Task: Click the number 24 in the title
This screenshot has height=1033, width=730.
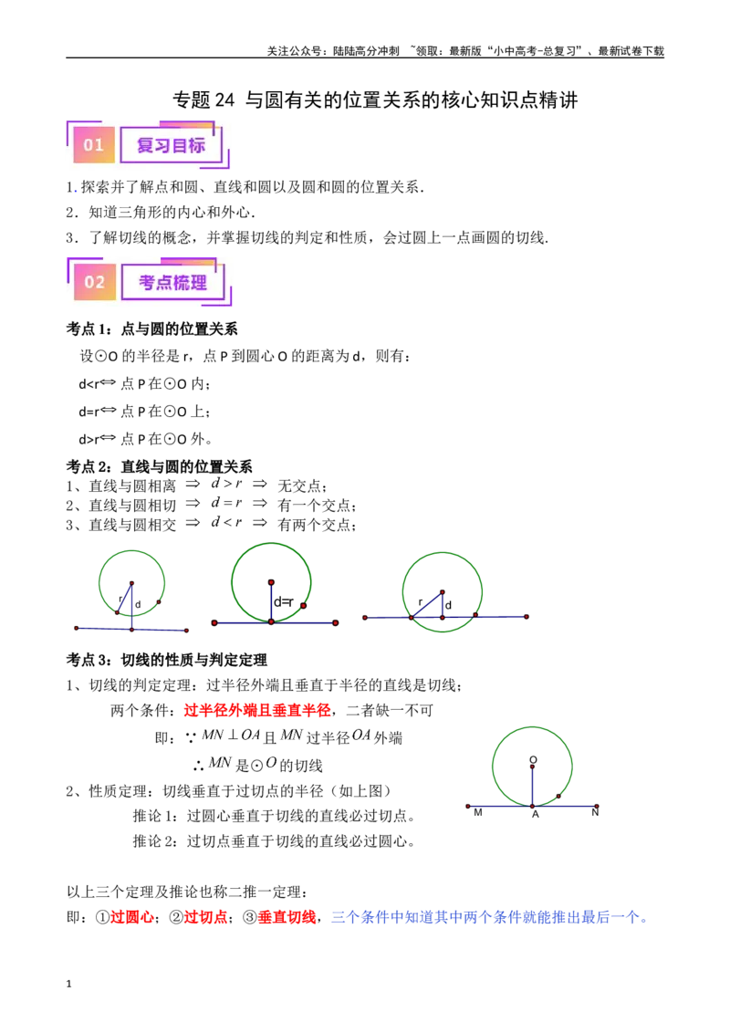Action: coord(224,100)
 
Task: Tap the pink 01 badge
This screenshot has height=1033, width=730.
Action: coord(94,144)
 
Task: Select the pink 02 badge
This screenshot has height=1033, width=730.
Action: coord(95,282)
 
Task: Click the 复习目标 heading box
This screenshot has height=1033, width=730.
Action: coord(171,145)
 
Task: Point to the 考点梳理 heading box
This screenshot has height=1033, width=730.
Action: coord(172,282)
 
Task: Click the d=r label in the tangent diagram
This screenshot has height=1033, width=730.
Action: coord(284,601)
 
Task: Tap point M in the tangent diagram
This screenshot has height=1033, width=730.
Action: coord(477,813)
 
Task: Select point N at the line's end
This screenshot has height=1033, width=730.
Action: coord(596,812)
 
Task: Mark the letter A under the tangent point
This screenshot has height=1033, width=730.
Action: coord(536,815)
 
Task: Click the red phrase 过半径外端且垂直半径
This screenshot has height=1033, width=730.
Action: coord(257,710)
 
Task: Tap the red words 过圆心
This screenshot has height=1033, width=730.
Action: coord(131,917)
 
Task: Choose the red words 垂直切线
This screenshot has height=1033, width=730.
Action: coord(287,917)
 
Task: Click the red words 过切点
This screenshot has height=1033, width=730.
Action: coord(205,917)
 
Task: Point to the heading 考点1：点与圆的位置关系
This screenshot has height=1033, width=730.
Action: coord(151,329)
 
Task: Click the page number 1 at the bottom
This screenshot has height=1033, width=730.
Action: coord(68,985)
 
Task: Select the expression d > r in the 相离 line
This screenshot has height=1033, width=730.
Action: coord(226,484)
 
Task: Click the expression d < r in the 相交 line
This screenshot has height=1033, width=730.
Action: coord(226,522)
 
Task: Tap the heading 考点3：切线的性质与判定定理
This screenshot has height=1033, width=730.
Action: coord(167,660)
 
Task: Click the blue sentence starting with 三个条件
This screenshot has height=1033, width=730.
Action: coord(489,917)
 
